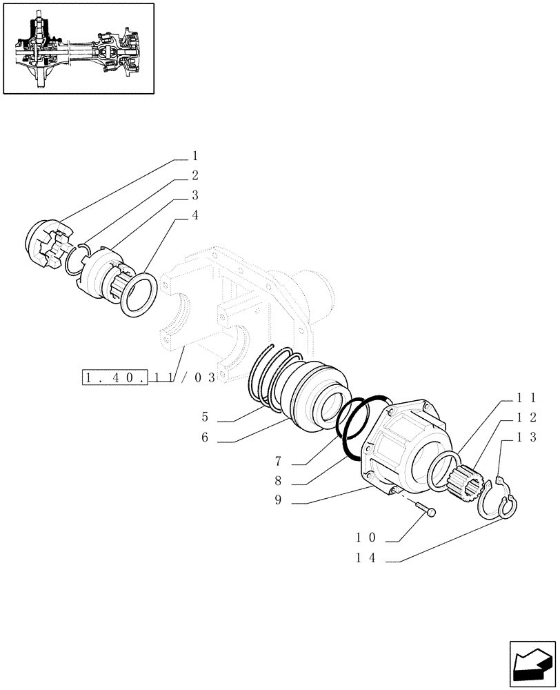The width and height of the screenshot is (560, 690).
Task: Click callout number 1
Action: click(x=195, y=155)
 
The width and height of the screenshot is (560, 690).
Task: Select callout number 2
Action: click(x=195, y=175)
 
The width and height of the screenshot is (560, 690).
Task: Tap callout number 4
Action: click(x=195, y=215)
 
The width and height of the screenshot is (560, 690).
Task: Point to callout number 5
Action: click(x=206, y=417)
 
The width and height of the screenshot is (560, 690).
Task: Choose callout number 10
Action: click(x=365, y=538)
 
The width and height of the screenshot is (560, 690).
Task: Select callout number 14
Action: click(x=365, y=560)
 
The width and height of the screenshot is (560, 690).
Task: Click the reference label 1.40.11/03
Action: click(x=149, y=378)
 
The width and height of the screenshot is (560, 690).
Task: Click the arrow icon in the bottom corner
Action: click(x=532, y=665)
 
